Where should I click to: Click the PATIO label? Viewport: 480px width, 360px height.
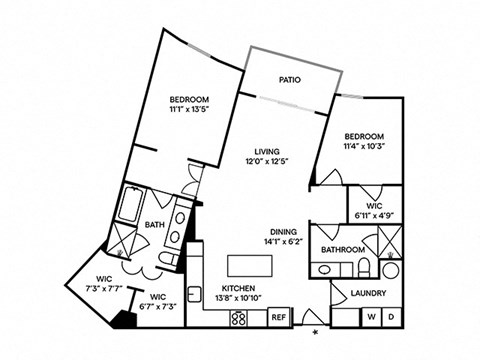coord(290,79)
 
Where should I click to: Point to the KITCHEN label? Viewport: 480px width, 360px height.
coord(240,287)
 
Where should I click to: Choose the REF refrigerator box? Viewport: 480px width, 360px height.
coord(280,317)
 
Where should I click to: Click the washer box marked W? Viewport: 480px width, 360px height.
coord(371,317)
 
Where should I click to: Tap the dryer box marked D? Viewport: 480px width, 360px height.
coord(390,317)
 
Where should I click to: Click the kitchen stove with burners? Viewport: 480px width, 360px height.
coord(241,317)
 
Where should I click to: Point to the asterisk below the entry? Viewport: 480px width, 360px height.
coord(316,331)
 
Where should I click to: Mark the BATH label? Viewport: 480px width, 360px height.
coord(155,225)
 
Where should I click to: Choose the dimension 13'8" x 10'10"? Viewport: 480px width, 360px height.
coord(240,298)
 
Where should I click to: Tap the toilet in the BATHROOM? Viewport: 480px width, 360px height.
coord(364,267)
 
